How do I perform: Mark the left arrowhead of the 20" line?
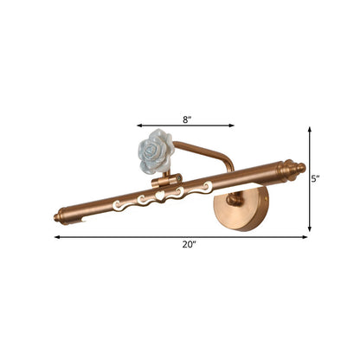point(56,236)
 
